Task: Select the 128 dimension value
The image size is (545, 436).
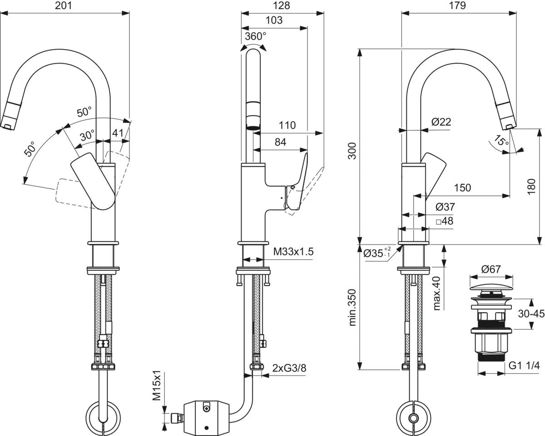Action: click(x=282, y=6)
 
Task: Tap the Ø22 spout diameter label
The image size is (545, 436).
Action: click(x=441, y=122)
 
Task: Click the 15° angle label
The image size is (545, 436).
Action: click(x=502, y=141)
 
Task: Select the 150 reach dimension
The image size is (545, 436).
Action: click(x=462, y=188)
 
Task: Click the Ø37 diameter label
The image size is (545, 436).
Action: click(x=445, y=207)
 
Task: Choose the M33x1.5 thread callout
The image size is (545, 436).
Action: click(x=293, y=252)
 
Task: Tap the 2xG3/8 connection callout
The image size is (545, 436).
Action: click(x=289, y=368)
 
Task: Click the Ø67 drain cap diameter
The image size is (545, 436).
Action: click(x=491, y=269)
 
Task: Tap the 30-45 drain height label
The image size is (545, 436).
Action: click(x=531, y=314)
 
